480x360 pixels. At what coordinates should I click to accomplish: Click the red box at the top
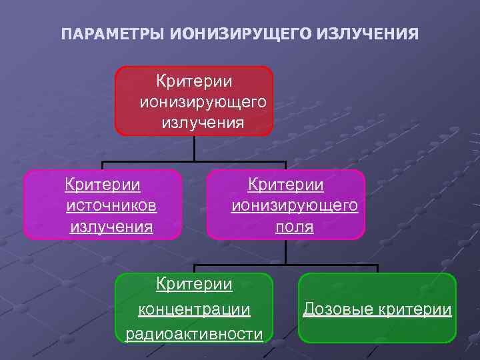[x=194, y=101]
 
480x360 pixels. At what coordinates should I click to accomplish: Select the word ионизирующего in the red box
[x=203, y=102]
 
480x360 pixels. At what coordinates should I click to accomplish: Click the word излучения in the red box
[x=202, y=123]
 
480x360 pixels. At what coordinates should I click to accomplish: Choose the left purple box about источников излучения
[x=102, y=205]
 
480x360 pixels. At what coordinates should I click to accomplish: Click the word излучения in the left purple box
[x=111, y=227]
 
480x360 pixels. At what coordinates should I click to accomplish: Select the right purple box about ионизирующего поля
[x=286, y=205]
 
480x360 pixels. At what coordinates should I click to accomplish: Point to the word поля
[x=294, y=227]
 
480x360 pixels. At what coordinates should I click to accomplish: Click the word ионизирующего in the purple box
[x=294, y=205]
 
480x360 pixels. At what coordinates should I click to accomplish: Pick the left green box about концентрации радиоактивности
[x=194, y=307]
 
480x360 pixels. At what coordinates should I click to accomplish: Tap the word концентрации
[x=194, y=310]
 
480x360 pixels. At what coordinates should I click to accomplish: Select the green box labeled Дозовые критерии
[x=377, y=307]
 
